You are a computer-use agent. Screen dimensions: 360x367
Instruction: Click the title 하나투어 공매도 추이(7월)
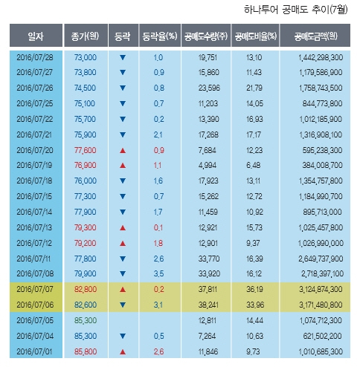click(x=295, y=10)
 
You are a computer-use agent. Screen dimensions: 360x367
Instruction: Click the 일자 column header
click(x=36, y=36)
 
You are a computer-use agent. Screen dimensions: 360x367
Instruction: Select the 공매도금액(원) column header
click(x=315, y=36)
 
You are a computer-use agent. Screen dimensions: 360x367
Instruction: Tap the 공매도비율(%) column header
click(x=255, y=36)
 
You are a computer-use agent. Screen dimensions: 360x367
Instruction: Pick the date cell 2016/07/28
click(x=35, y=57)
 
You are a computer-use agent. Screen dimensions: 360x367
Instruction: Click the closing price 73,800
click(x=85, y=72)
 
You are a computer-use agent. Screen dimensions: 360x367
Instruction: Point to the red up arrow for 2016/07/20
click(x=123, y=150)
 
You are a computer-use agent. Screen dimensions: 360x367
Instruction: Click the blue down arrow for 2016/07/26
click(x=123, y=88)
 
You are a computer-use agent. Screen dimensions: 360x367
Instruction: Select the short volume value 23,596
click(x=209, y=88)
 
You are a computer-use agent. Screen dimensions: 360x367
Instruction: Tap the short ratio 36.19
click(x=254, y=289)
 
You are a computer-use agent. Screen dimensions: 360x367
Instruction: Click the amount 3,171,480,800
click(x=321, y=305)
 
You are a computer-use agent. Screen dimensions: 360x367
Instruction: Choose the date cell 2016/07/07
click(x=35, y=289)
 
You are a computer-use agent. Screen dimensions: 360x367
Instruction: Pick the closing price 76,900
click(x=85, y=165)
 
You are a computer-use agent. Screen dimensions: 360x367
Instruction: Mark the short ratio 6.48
click(x=254, y=165)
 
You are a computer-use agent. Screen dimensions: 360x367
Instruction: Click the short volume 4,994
click(x=208, y=165)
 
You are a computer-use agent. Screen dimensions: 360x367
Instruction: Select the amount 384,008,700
click(x=322, y=165)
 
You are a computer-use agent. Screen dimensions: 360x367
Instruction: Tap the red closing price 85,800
click(x=86, y=351)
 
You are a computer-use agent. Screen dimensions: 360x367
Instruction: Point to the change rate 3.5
click(x=158, y=273)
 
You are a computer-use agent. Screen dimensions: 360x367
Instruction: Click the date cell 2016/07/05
click(x=35, y=320)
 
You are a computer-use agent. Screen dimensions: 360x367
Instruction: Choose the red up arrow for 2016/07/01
click(x=123, y=351)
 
